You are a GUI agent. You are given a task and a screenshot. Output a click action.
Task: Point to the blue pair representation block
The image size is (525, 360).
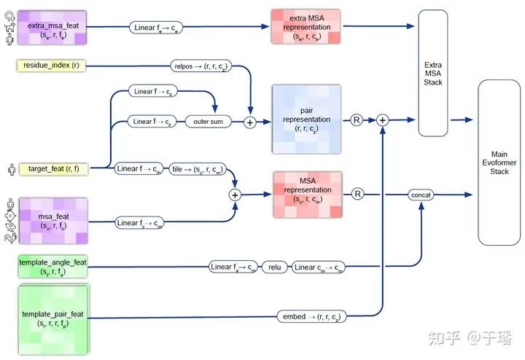tap(306, 120)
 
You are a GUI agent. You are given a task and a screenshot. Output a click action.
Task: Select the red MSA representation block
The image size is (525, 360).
tap(306, 194)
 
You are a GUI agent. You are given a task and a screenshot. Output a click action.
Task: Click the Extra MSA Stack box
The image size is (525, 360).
tap(432, 73)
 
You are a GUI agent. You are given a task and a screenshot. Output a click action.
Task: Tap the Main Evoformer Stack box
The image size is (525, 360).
tap(499, 163)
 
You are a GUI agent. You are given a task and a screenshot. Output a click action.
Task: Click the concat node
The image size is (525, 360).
tap(421, 195)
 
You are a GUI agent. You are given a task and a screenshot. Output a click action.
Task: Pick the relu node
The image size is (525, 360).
tap(274, 267)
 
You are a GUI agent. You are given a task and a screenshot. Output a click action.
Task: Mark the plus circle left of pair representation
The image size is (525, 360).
tap(250, 122)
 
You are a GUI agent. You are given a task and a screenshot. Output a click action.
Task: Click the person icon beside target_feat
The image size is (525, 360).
tap(9, 169)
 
